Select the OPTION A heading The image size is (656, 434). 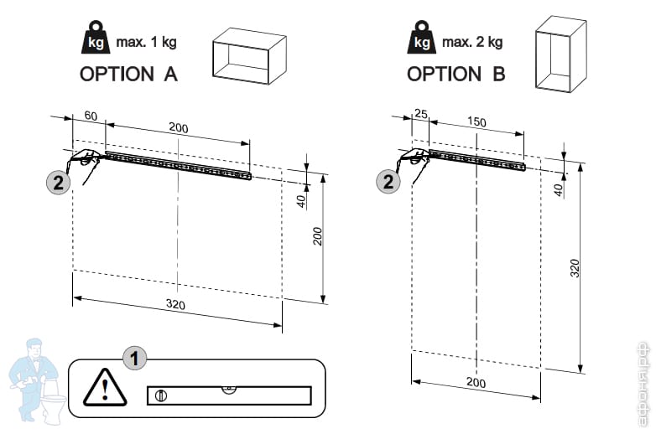tap(128, 74)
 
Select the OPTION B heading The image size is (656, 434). tap(456, 74)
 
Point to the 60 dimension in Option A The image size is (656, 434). tap(91, 115)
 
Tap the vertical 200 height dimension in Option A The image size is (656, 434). tap(318, 236)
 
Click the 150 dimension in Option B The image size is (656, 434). tap(476, 122)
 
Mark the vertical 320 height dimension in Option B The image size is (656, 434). tap(575, 268)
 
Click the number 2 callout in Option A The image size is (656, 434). tap(57, 182)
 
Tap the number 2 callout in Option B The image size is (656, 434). tap(388, 181)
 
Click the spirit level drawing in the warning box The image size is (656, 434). tap(228, 395)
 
